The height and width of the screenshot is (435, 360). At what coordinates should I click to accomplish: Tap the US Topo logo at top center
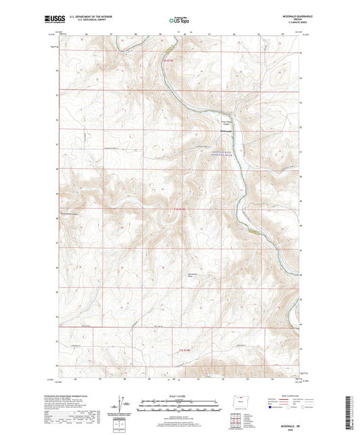(x=179, y=21)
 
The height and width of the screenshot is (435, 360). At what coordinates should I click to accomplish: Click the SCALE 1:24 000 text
(x=179, y=395)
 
